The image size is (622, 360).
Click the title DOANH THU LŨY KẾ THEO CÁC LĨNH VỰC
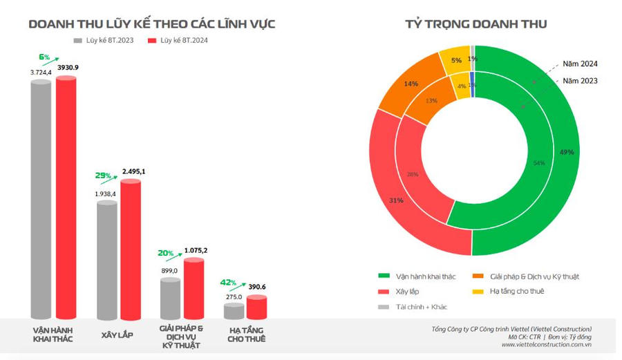click(152, 24)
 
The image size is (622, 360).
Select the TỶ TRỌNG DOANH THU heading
click(476, 24)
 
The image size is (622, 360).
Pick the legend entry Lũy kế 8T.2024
click(178, 41)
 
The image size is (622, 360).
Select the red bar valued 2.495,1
click(131, 249)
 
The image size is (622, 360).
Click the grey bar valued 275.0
click(234, 311)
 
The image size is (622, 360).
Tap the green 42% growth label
click(228, 283)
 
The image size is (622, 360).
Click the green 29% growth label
click(102, 176)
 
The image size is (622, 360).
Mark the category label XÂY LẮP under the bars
click(117, 335)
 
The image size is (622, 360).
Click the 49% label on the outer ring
click(567, 152)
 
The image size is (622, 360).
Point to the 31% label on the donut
click(397, 200)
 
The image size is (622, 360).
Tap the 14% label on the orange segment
click(411, 84)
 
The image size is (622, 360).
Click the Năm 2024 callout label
click(580, 64)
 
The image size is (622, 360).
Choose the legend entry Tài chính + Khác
click(421, 307)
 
